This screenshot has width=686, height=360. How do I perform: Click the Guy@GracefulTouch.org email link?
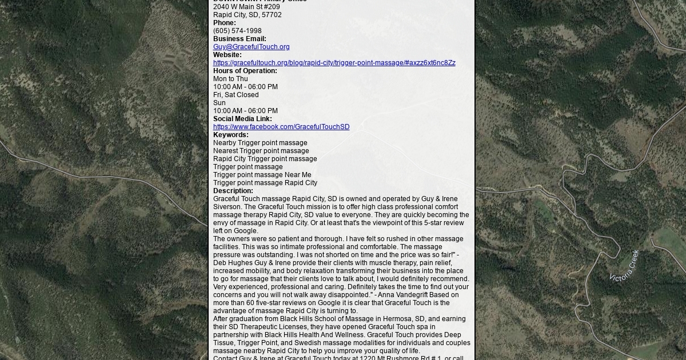[x=251, y=47]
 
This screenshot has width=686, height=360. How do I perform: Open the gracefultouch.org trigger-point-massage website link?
[x=334, y=63]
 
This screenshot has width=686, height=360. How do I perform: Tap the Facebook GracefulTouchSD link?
[x=281, y=127]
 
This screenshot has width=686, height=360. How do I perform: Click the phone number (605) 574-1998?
[x=237, y=31]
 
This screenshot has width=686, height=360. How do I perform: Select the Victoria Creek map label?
[x=624, y=266]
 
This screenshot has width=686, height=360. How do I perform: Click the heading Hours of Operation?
[x=245, y=71]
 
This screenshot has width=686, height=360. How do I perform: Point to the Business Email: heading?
[x=240, y=39]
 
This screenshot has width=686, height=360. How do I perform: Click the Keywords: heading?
[x=230, y=135]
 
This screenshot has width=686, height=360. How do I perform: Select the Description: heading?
[x=233, y=191]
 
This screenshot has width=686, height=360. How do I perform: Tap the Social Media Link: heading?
[x=242, y=119]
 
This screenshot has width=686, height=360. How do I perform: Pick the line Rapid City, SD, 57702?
[x=247, y=15]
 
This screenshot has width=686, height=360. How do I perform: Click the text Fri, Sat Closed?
[x=236, y=95]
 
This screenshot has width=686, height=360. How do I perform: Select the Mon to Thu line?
[x=230, y=79]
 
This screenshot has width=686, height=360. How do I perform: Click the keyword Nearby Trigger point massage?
[x=260, y=143]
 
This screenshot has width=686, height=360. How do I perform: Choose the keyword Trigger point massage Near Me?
[x=262, y=175]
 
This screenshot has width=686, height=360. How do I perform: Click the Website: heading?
[x=227, y=55]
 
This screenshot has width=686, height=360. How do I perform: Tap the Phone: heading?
[x=224, y=23]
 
